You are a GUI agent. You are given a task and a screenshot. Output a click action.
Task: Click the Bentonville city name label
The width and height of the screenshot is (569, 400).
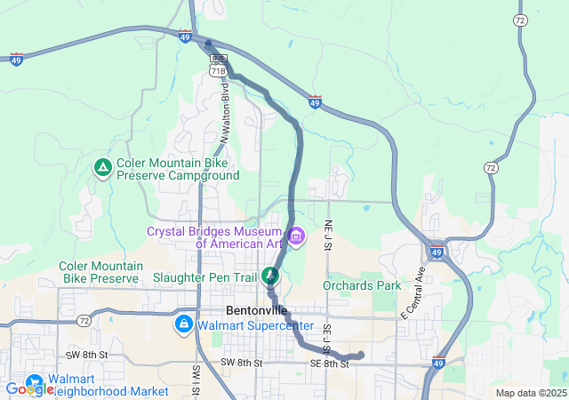coord(257,310)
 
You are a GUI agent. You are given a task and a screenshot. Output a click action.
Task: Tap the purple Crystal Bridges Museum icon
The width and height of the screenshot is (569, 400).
coord(296,236)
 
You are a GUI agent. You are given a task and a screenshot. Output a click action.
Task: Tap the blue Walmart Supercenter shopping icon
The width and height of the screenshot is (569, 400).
coord(184,324)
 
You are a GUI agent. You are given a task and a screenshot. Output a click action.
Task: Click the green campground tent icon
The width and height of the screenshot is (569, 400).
coord(103,167)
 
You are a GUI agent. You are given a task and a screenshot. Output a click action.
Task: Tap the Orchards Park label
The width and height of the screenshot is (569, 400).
coord(362,286)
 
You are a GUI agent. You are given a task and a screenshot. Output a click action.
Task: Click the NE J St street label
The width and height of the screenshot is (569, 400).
coord(328,233)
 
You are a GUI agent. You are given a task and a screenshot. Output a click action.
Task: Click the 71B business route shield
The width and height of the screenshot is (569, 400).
coord(218,68)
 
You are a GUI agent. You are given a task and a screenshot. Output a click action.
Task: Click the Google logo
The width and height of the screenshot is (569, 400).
coord(28,388)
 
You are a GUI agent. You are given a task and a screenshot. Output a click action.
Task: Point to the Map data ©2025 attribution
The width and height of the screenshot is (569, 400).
coord(530,393)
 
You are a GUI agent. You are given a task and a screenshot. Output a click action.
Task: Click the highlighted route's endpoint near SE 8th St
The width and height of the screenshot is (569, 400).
coord(360,356)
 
